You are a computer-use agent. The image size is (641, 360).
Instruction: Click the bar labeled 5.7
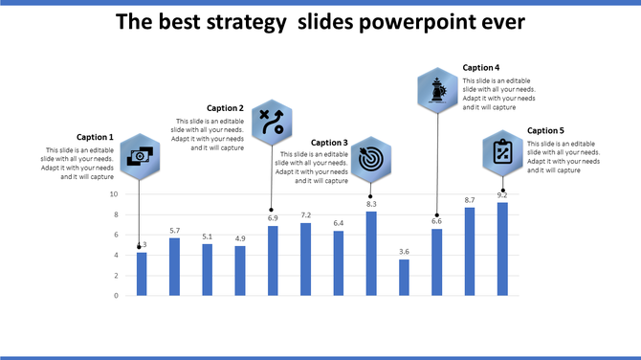coord(174,266)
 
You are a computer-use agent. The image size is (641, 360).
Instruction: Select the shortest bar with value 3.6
coord(404,278)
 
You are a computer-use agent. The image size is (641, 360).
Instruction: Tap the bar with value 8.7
coord(470,251)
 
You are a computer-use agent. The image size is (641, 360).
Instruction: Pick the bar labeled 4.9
coord(240,271)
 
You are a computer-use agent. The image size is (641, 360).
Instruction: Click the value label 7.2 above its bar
coord(306,215)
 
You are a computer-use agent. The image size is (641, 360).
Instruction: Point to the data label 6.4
coord(339,223)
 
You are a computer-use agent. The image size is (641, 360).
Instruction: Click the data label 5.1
coord(208,236)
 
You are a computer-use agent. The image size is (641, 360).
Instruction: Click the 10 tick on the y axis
coord(114,194)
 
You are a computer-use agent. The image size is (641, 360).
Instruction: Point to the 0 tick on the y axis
coord(117,296)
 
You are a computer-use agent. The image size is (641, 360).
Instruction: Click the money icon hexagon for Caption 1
coord(140,156)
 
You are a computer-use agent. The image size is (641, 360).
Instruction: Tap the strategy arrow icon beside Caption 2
coord(272,123)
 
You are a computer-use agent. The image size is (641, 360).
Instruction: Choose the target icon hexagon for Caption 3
coord(370,159)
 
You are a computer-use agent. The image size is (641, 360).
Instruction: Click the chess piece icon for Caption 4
coord(437,91)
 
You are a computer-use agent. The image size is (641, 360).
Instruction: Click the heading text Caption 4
coord(481,68)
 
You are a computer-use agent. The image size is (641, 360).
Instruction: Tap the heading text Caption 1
coord(95,137)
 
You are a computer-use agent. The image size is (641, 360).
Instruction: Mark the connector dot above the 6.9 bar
coord(273,210)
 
